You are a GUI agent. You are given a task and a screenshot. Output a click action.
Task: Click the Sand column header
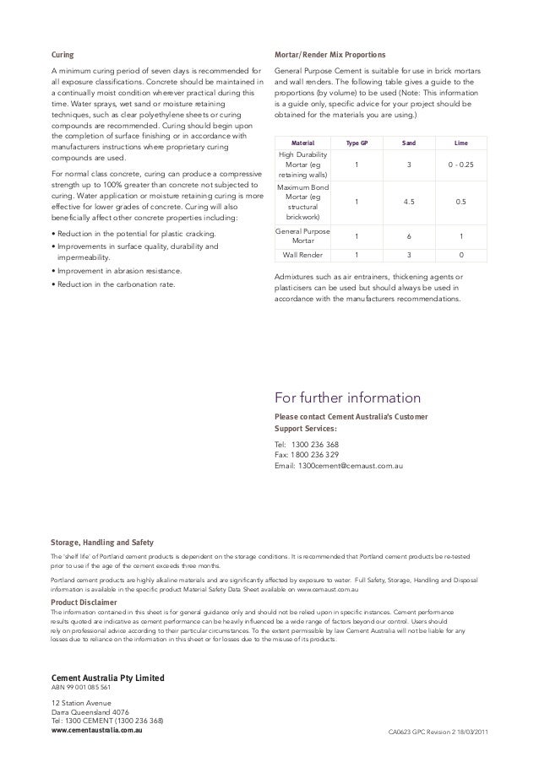tap(408, 143)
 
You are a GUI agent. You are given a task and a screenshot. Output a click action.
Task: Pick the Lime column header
tap(460, 143)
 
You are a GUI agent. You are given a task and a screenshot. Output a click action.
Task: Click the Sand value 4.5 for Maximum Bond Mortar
tap(408, 203)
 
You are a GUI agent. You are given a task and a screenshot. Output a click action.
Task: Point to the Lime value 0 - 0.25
tap(460, 165)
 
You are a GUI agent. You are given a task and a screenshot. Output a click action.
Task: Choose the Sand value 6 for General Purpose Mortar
tap(408, 236)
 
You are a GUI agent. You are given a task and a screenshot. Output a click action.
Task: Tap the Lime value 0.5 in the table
tap(460, 203)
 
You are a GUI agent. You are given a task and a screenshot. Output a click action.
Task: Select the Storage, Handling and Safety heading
tap(102, 542)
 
